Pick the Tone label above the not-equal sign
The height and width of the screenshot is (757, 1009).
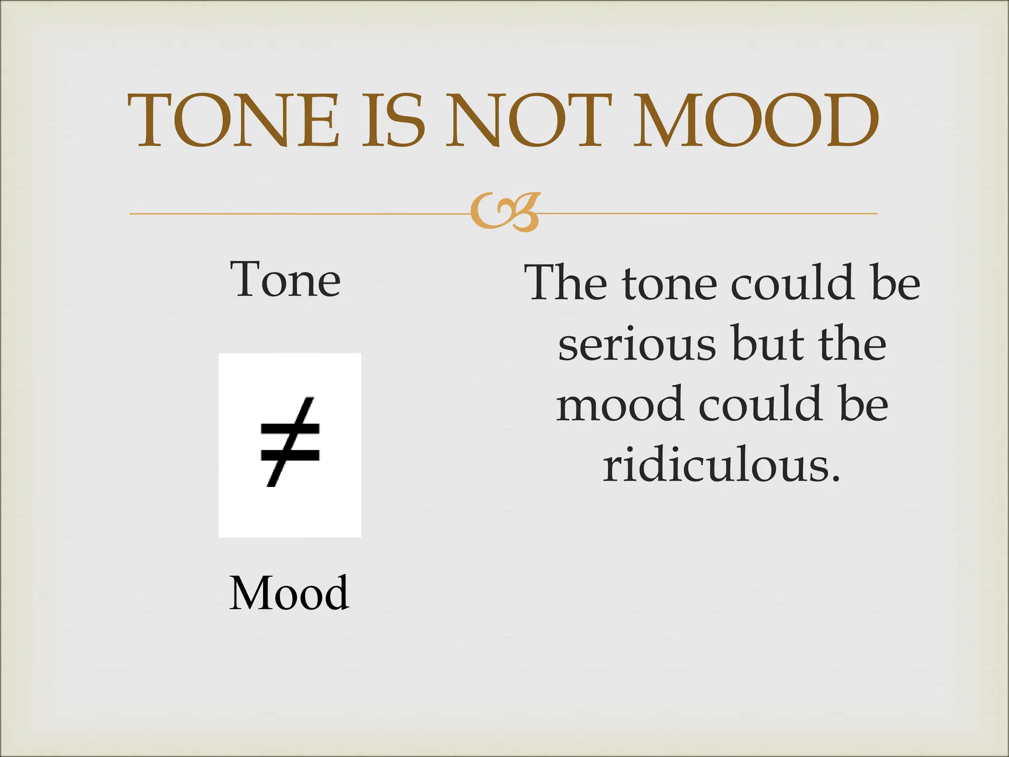[x=285, y=280]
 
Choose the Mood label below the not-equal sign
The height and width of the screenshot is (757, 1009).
[x=289, y=593]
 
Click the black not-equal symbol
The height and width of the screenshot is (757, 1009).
[x=290, y=442]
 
